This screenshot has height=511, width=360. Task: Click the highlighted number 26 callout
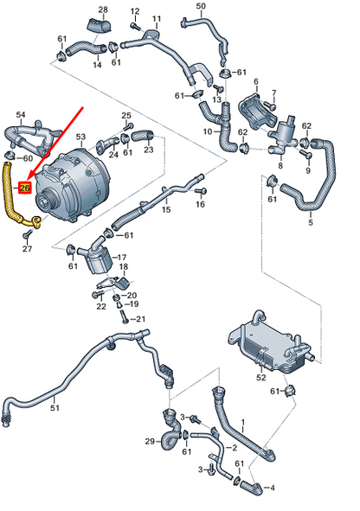[x=25, y=188]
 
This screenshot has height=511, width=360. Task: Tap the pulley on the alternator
[x=45, y=200]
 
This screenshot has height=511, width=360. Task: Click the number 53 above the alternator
[x=80, y=137]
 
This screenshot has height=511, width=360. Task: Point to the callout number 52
[x=261, y=378]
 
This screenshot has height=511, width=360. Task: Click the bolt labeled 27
[x=28, y=233]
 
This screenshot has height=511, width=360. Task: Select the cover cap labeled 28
[x=100, y=25]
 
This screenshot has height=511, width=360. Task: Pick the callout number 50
[x=201, y=5]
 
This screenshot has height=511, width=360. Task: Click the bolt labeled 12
[x=136, y=26]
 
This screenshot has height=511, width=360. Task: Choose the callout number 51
[x=55, y=407]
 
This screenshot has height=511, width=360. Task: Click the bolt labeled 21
[x=125, y=316]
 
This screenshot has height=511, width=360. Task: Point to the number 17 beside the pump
[x=122, y=258]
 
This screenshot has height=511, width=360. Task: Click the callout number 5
[x=311, y=222]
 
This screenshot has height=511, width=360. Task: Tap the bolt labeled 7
[x=269, y=105]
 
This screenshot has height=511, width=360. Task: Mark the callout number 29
[x=150, y=442]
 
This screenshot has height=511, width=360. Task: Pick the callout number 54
[x=21, y=115]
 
